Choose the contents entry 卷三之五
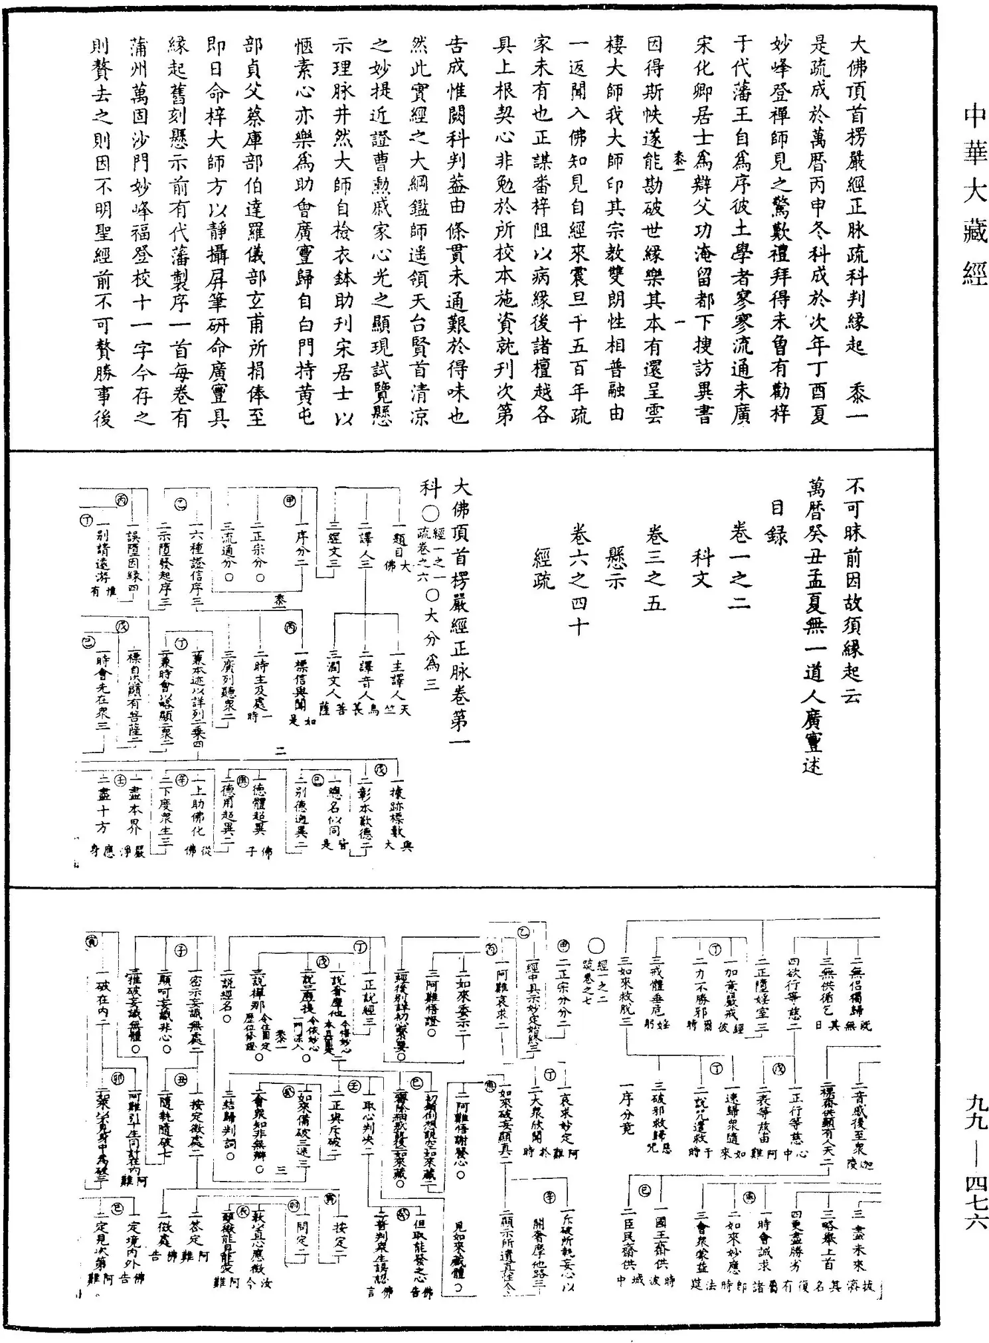(654, 569)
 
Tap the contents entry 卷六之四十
(577, 579)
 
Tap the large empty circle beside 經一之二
(596, 947)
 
